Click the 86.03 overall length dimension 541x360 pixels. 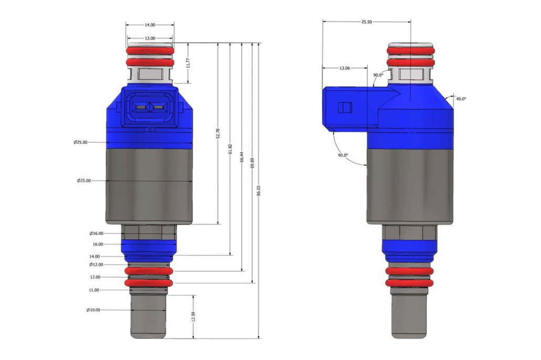[x=259, y=190]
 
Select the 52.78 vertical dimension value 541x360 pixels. [x=217, y=133]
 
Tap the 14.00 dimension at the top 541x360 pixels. [x=150, y=25]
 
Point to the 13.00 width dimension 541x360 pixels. [x=150, y=38]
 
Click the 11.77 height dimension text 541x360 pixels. [x=188, y=63]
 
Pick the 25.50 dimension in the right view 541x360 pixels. [x=367, y=22]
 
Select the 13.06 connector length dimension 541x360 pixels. [x=345, y=68]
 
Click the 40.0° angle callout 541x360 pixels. [x=461, y=99]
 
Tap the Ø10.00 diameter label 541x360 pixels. [x=93, y=310]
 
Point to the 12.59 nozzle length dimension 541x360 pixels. [x=193, y=317]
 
